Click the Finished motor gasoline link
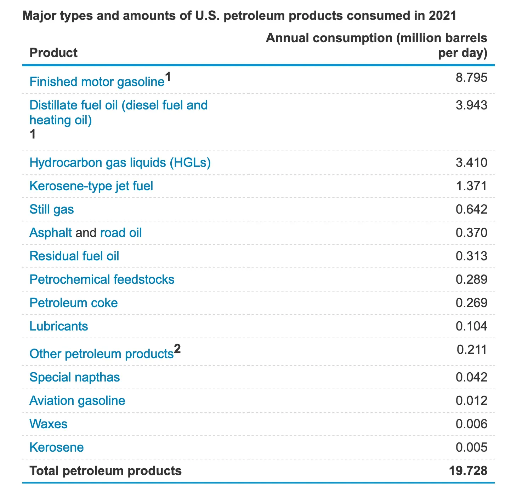[97, 82]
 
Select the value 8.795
[471, 78]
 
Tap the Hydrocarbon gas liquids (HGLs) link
[120, 163]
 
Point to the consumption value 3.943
[471, 105]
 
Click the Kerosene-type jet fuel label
[91, 186]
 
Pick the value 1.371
[471, 186]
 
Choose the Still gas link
[52, 209]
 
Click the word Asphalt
[51, 233]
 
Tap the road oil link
[121, 233]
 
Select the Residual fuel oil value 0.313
[471, 256]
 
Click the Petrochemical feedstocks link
[102, 279]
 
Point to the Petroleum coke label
[74, 303]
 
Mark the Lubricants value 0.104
[471, 326]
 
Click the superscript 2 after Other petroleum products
[177, 349]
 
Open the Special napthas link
[75, 377]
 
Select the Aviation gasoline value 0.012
[471, 401]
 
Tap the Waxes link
[49, 424]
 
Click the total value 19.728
[468, 471]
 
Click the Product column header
[53, 53]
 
